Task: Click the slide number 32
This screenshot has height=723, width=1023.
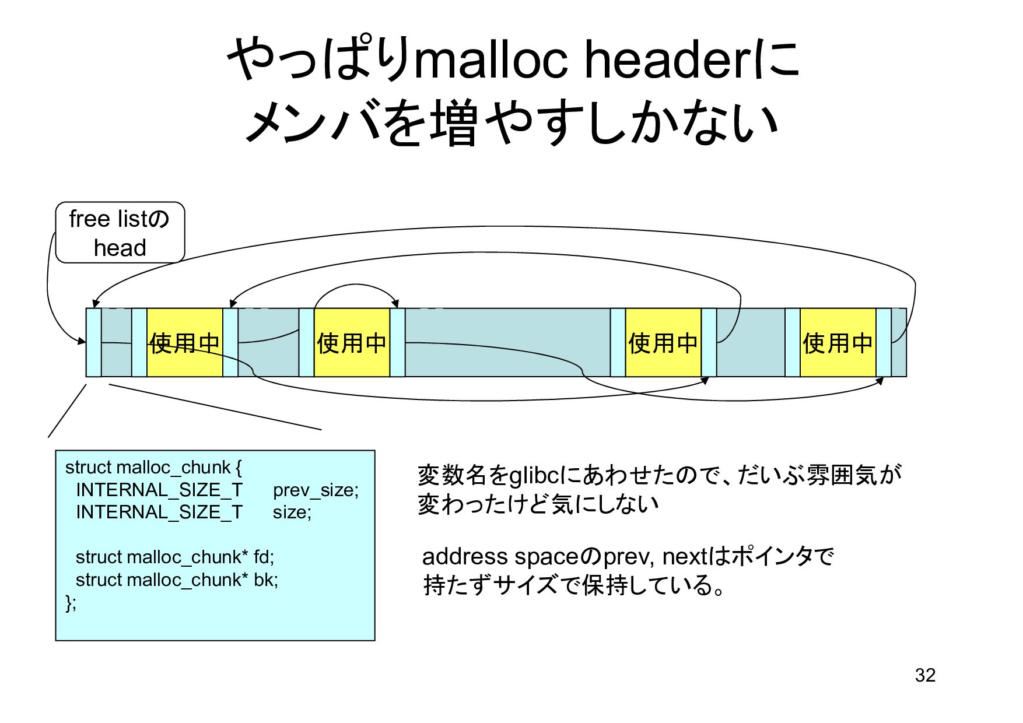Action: [x=925, y=675]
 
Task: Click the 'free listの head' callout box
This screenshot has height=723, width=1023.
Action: [x=120, y=233]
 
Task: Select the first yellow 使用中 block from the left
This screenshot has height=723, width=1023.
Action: [x=184, y=343]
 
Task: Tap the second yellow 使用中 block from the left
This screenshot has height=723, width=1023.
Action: [x=352, y=343]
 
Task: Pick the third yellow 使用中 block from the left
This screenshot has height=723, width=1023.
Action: [x=663, y=343]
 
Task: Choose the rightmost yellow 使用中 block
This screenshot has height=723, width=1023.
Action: [x=837, y=343]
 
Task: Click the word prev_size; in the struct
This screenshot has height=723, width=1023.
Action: [x=316, y=490]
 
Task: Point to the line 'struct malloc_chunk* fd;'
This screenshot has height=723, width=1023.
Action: [x=174, y=557]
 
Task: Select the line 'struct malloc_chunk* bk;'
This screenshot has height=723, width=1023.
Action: [x=177, y=580]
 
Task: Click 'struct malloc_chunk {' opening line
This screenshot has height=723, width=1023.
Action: [x=153, y=467]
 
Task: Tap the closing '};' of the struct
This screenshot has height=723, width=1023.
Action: [x=71, y=602]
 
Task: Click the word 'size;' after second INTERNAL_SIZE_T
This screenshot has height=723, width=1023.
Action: [x=292, y=512]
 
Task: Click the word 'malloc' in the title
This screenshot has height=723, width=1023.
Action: [x=491, y=60]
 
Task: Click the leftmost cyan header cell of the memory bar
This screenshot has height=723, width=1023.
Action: [x=93, y=342]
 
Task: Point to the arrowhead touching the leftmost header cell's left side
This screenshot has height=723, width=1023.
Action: [x=82, y=341]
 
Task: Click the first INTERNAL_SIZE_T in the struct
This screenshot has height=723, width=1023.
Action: [x=159, y=490]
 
